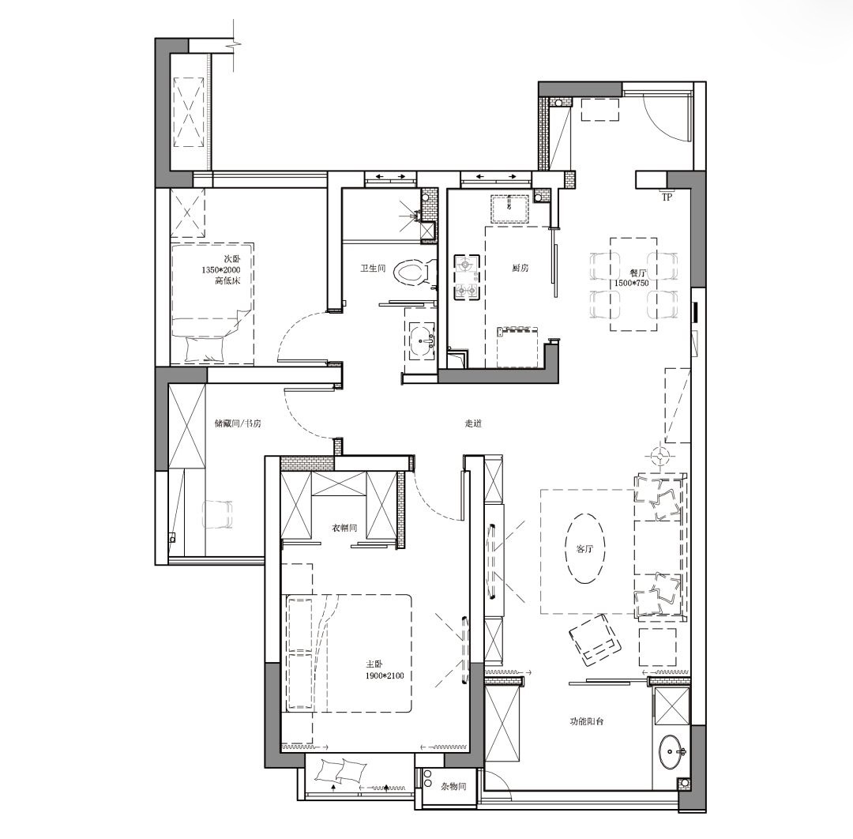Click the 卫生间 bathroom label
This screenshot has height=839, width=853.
click(x=373, y=269)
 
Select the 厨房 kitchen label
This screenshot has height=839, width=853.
click(x=520, y=268)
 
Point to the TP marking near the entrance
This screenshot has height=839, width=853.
click(x=667, y=198)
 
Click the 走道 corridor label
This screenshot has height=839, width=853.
click(x=473, y=423)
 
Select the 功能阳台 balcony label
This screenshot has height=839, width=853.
click(x=586, y=721)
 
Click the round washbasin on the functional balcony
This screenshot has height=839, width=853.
click(x=673, y=752)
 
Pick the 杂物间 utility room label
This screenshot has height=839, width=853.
click(x=453, y=786)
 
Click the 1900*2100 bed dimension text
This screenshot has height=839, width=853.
click(x=385, y=675)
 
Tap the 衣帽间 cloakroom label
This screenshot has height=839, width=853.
click(x=344, y=528)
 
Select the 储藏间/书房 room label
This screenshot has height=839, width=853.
click(x=238, y=423)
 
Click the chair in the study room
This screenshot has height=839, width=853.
click(x=217, y=514)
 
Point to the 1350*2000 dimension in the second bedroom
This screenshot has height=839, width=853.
click(x=221, y=270)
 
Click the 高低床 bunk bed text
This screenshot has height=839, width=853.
click(x=227, y=280)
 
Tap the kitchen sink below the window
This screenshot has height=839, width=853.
click(x=509, y=209)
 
